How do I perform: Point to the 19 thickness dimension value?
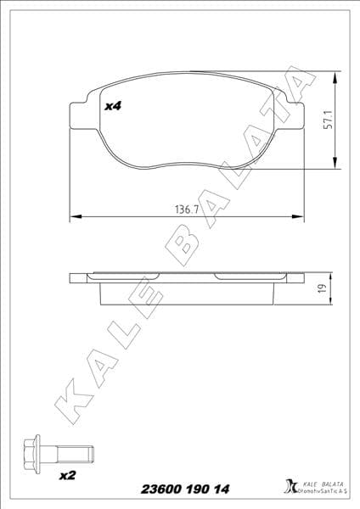tap(323, 289)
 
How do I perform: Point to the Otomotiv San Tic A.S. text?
tap(320, 493)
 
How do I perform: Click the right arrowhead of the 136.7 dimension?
tap(299, 216)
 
